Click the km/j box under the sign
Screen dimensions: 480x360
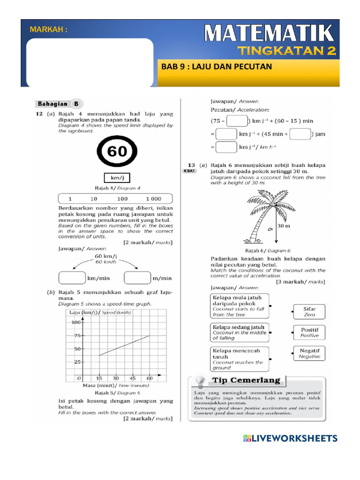pyautogui.click(x=117, y=179)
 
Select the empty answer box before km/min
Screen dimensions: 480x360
pyautogui.click(x=72, y=278)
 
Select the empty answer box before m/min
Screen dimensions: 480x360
pyautogui.click(x=137, y=278)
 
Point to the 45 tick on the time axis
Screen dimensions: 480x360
pyautogui.click(x=133, y=378)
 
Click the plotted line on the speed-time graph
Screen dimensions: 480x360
pyautogui.click(x=124, y=345)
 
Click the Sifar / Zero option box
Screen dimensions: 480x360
pyautogui.click(x=309, y=312)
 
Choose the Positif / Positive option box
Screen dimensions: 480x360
pyautogui.click(x=309, y=333)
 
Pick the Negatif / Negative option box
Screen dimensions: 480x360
pyautogui.click(x=309, y=353)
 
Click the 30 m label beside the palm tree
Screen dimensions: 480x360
pyautogui.click(x=285, y=226)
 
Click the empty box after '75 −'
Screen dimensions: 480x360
pyautogui.click(x=237, y=120)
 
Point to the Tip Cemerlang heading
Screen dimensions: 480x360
pyautogui.click(x=247, y=380)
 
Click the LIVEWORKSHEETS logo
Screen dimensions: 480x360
pyautogui.click(x=291, y=439)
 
